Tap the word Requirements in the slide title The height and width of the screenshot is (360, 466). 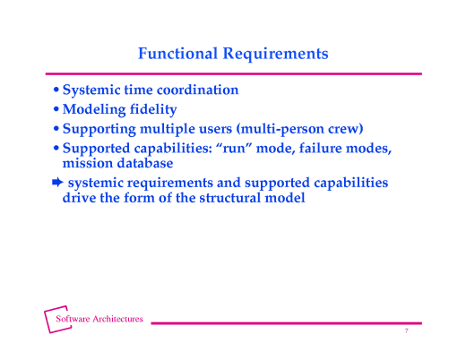[x=274, y=54]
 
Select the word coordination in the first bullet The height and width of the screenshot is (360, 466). [x=195, y=90]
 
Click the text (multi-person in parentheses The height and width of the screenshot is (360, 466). [x=274, y=129]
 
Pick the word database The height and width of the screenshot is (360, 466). [x=144, y=164]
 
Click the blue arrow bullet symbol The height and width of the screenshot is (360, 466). [x=56, y=183]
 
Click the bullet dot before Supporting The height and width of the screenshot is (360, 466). [x=56, y=130]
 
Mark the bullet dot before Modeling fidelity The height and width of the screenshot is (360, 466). [x=56, y=111]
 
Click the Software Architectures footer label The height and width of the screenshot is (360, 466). [x=99, y=320]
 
